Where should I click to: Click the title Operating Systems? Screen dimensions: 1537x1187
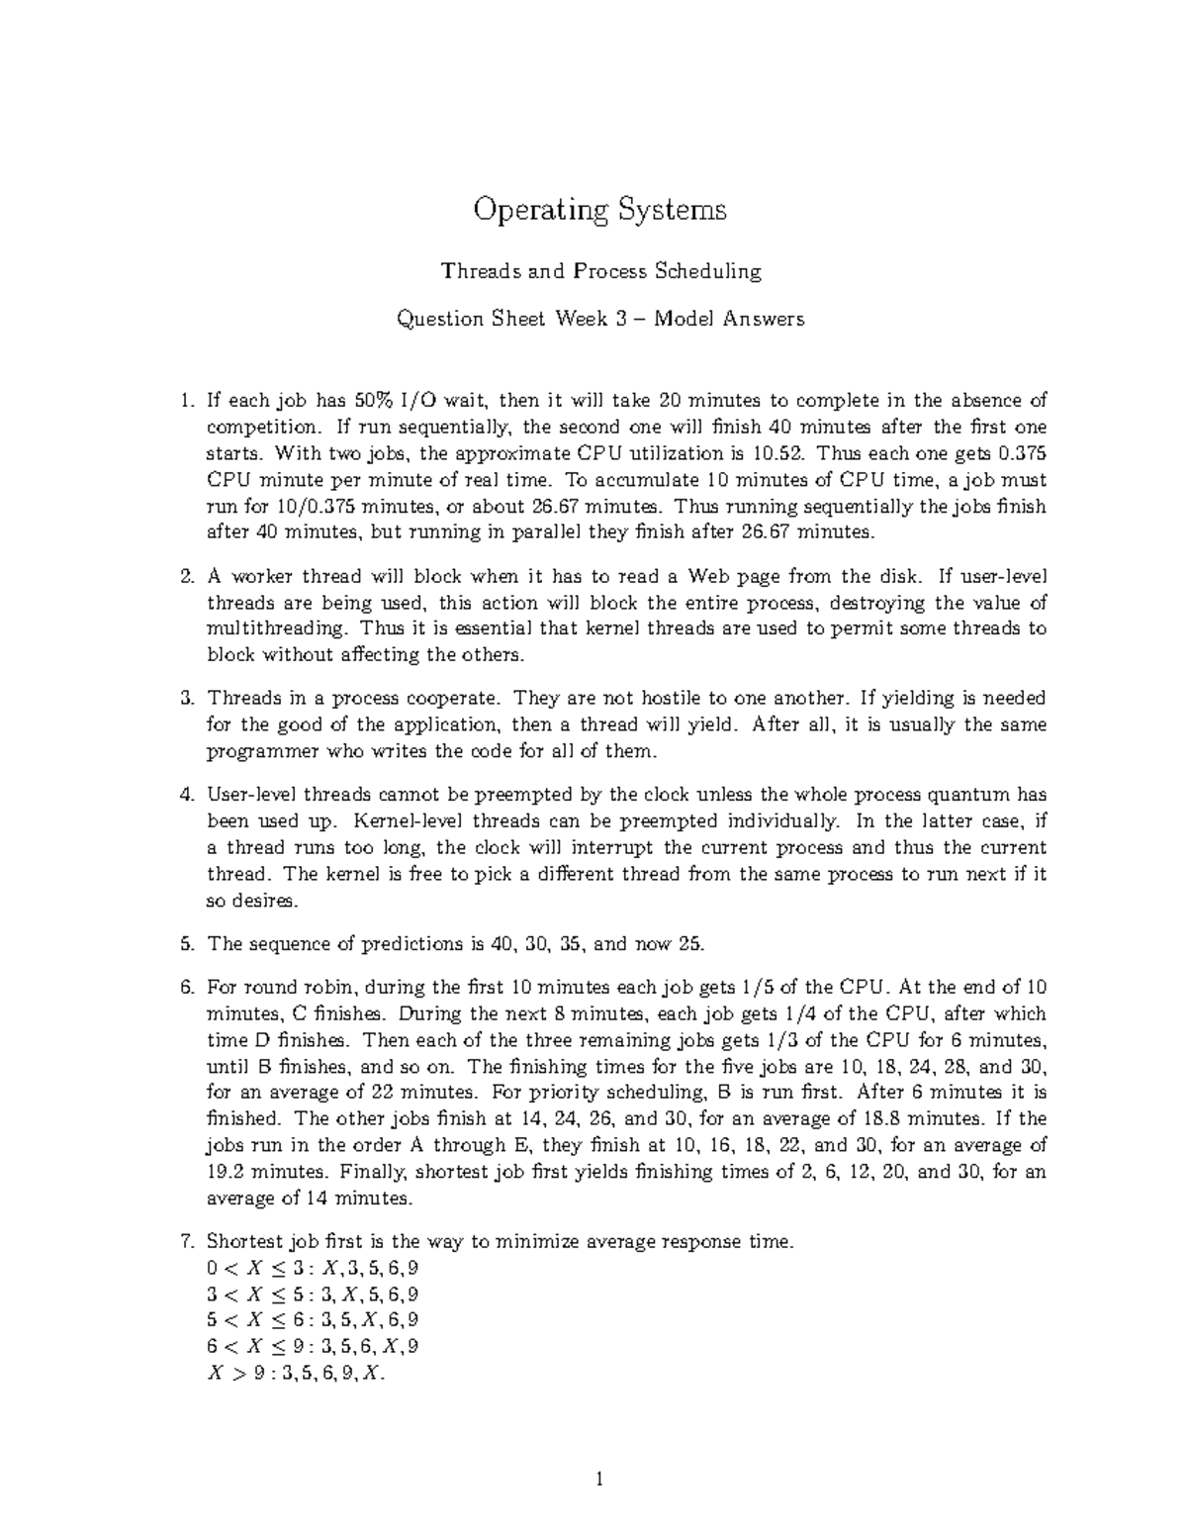(600, 210)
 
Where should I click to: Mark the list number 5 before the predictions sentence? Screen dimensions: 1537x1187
(187, 944)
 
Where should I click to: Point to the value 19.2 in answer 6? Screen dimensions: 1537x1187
(227, 1172)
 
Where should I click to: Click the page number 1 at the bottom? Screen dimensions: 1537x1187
(599, 1482)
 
